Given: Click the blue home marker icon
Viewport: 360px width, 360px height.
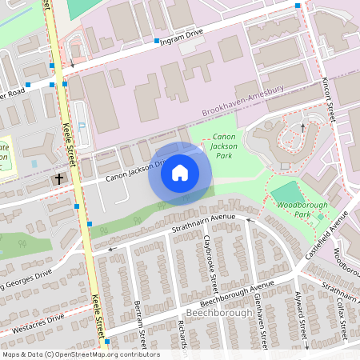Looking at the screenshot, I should [x=180, y=173].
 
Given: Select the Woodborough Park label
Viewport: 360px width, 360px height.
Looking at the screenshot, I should [x=289, y=210].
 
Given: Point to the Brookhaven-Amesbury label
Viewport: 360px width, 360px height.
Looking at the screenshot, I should [x=249, y=94].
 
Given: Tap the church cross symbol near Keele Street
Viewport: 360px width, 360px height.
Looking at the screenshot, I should [x=60, y=180].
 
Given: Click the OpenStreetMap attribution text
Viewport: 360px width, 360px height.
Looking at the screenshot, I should [x=80, y=354].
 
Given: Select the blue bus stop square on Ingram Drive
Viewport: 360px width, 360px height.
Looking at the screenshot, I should [x=157, y=40].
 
